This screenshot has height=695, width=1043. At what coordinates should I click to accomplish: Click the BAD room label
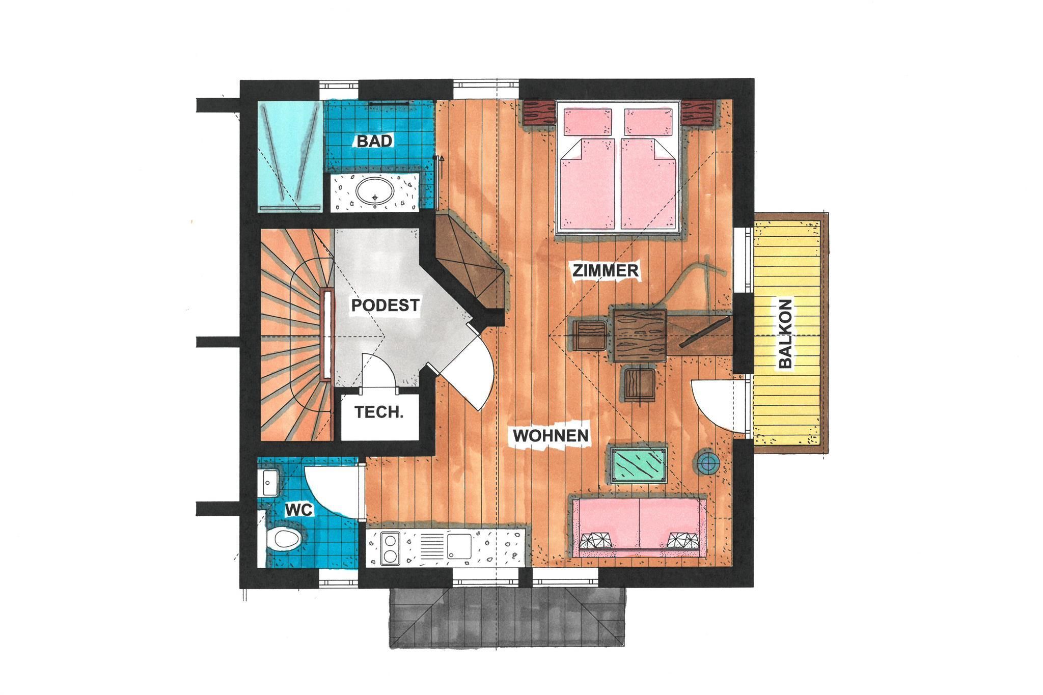click(x=375, y=141)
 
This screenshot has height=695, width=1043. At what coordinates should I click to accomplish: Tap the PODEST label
click(x=386, y=305)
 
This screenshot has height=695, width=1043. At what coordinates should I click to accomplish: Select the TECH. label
click(x=379, y=412)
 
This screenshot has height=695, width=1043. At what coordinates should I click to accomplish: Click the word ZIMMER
click(x=606, y=270)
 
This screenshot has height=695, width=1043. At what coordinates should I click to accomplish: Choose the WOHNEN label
click(x=551, y=435)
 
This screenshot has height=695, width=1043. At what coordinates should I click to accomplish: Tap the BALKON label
click(x=785, y=333)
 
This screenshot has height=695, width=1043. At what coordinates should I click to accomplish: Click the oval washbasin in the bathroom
click(x=375, y=193)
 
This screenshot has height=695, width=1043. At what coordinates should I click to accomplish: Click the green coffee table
click(x=639, y=464)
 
